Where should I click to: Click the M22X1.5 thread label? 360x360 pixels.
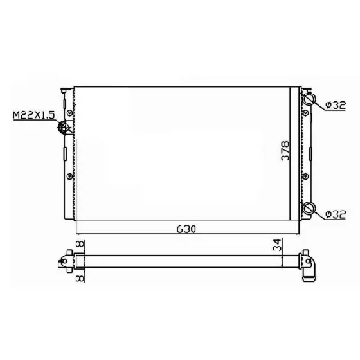pyautogui.click(x=33, y=115)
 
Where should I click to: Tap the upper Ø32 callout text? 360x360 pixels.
pyautogui.click(x=336, y=105)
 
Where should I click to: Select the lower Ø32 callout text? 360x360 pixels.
pyautogui.click(x=336, y=214)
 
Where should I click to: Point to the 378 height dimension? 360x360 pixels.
pyautogui.click(x=285, y=151)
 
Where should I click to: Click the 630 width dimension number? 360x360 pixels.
pyautogui.click(x=186, y=229)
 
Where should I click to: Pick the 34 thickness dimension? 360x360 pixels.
pyautogui.click(x=277, y=245)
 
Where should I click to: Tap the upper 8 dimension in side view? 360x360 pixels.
pyautogui.click(x=81, y=244)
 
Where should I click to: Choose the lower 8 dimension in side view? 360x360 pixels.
pyautogui.click(x=81, y=277)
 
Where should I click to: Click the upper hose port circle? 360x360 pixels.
pyautogui.click(x=309, y=98)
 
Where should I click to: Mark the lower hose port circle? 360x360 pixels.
pyautogui.click(x=309, y=208)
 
